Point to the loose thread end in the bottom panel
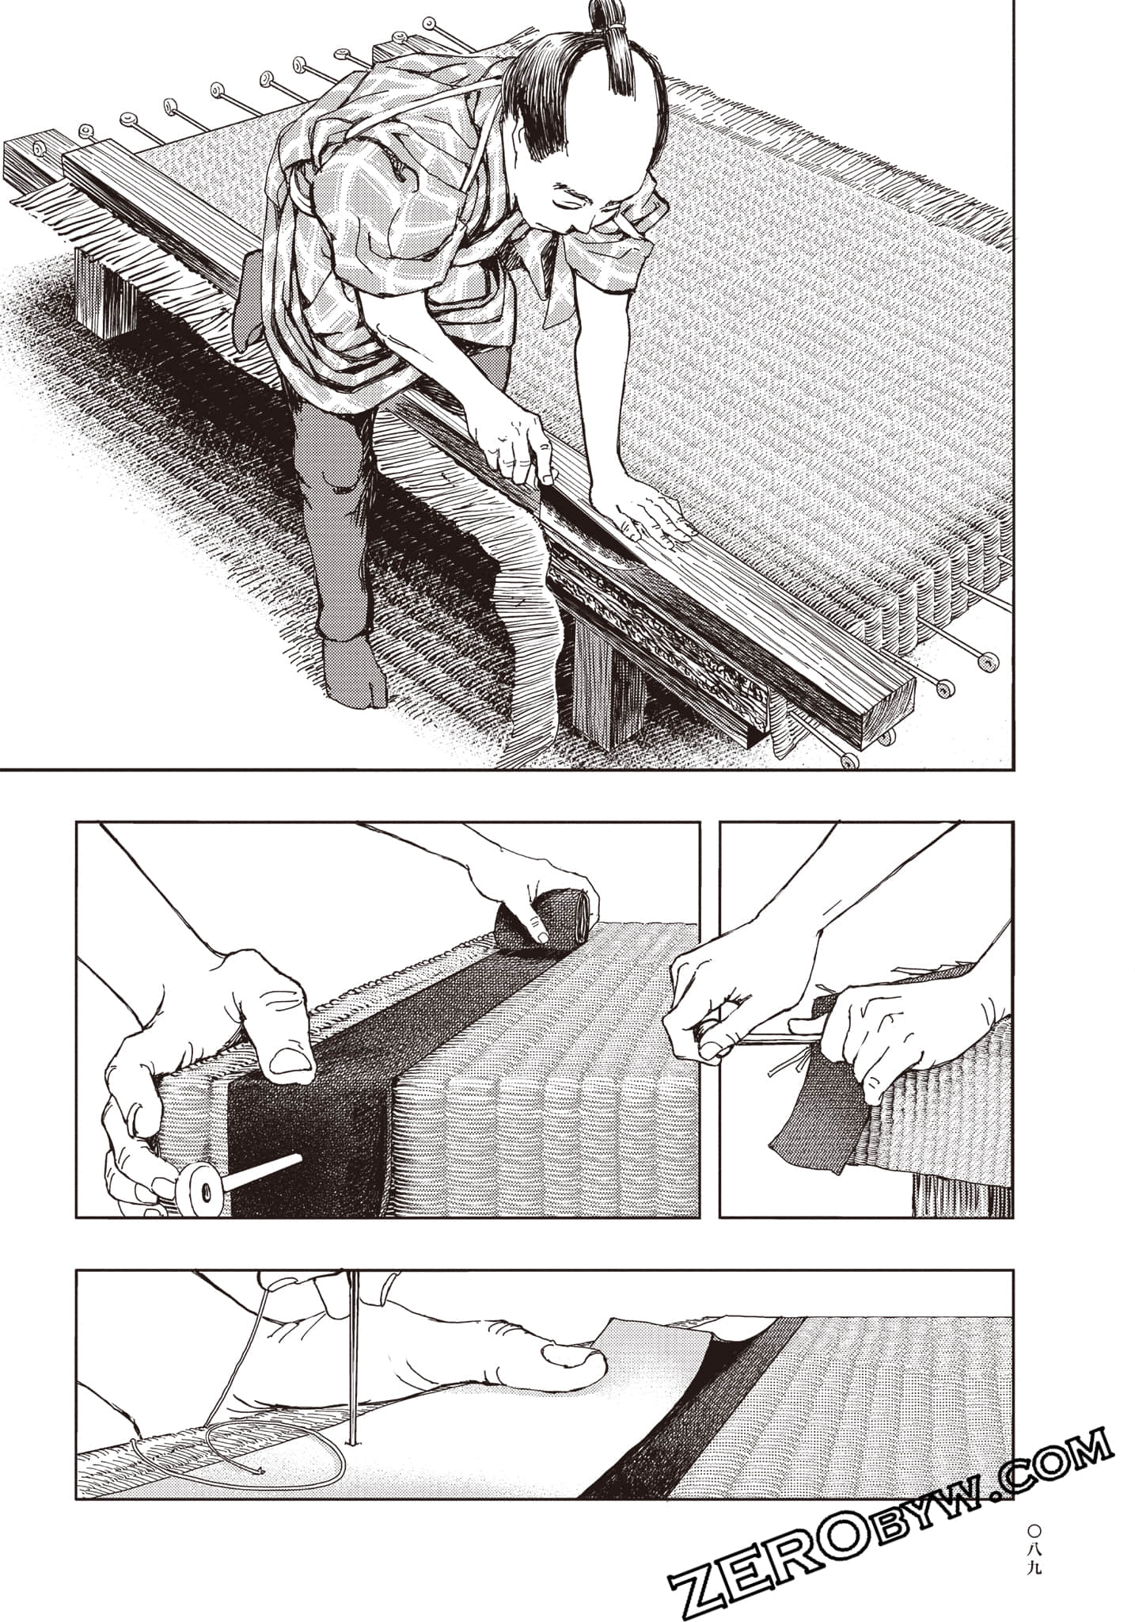257,1472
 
